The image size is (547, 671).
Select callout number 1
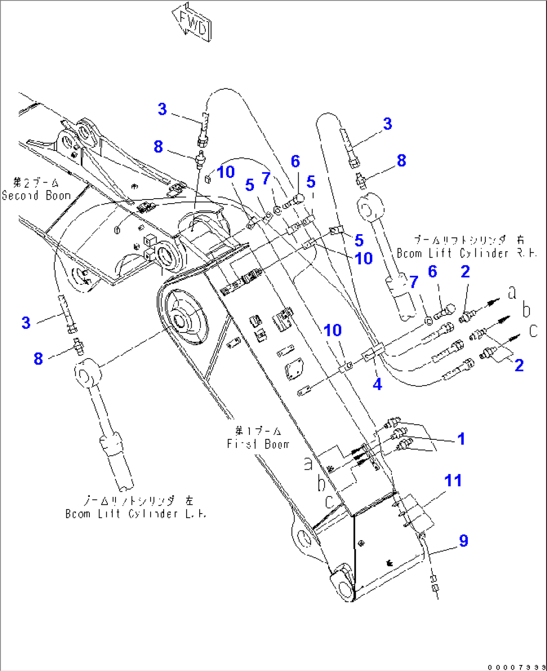(x=461, y=439)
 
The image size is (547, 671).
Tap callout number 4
(x=377, y=384)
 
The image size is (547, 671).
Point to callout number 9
(x=463, y=541)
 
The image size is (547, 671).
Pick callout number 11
(x=453, y=480)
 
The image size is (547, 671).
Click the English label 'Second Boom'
(x=36, y=196)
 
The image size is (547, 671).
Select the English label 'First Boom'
(x=258, y=444)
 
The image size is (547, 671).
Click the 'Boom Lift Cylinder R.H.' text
(x=466, y=253)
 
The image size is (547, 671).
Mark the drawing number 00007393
(x=516, y=666)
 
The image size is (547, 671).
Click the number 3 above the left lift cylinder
(x=26, y=322)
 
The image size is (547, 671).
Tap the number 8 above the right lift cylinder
(x=401, y=160)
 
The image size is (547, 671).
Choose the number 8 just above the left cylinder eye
(x=39, y=359)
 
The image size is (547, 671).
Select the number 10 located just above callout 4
(x=333, y=330)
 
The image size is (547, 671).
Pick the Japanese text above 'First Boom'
(x=258, y=431)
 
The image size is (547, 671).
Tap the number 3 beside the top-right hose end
(x=387, y=124)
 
